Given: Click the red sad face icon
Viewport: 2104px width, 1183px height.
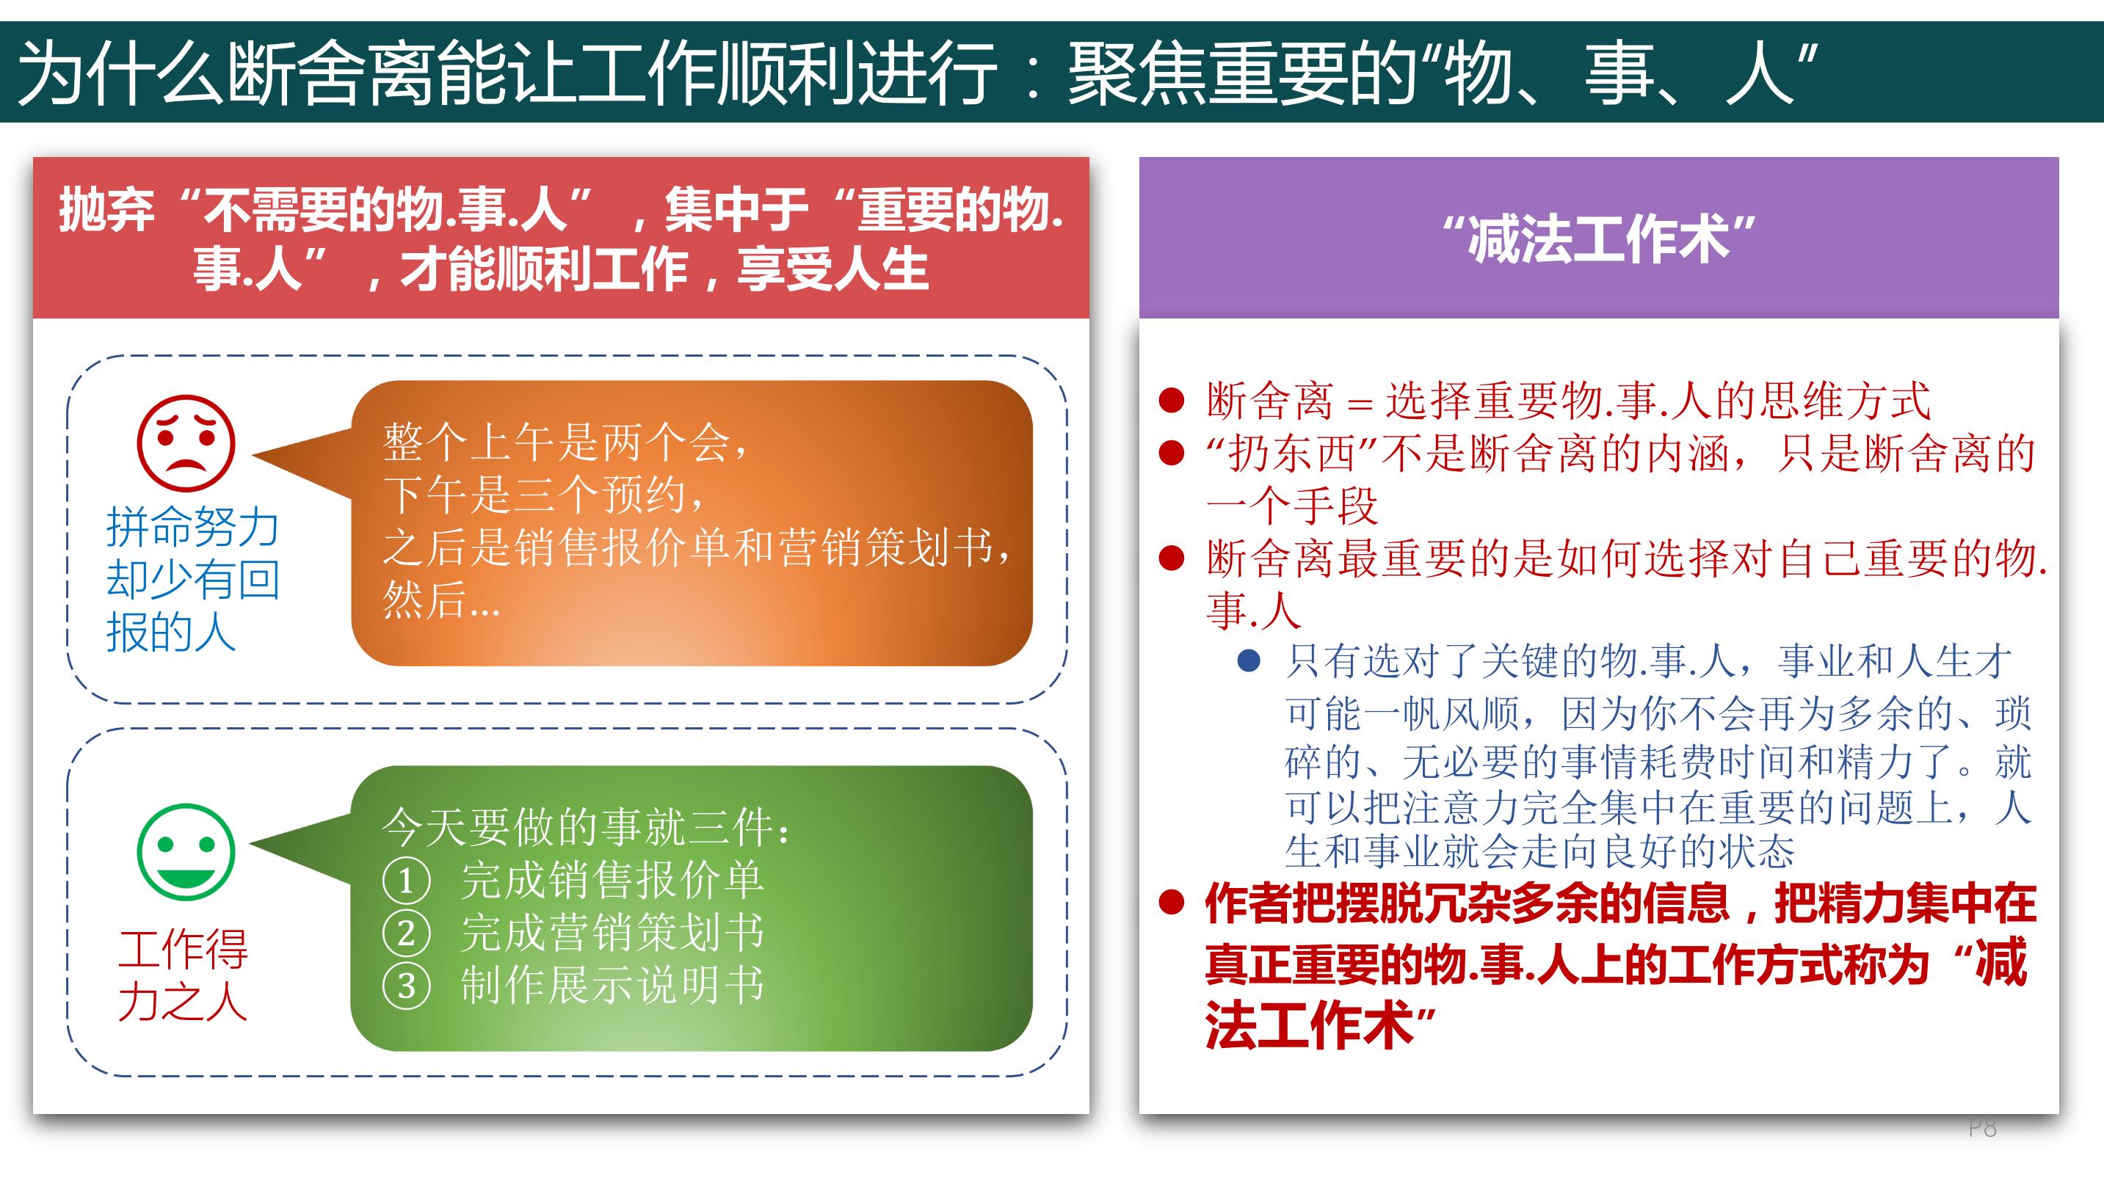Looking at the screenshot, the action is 186,443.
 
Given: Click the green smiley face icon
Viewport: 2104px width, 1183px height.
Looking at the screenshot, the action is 186,851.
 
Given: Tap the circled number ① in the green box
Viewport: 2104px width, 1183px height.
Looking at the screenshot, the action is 406,881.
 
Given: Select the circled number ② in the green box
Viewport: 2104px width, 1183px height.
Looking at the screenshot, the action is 406,933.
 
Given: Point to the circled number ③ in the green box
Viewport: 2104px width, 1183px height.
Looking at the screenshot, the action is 406,986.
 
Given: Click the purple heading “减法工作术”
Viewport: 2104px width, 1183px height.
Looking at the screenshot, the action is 1598,239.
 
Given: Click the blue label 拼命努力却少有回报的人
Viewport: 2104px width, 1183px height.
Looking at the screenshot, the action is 193,580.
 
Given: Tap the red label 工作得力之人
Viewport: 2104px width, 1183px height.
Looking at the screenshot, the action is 183,975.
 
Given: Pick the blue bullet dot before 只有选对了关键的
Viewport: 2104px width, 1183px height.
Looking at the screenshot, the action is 1249,660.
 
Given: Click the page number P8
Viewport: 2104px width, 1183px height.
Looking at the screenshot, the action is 1982,1127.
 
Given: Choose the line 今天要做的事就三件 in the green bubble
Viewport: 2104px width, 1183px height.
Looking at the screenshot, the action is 586,827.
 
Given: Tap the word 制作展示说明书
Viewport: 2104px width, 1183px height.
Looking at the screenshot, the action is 612,986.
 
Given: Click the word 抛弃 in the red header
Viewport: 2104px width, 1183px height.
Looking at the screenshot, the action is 106,210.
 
